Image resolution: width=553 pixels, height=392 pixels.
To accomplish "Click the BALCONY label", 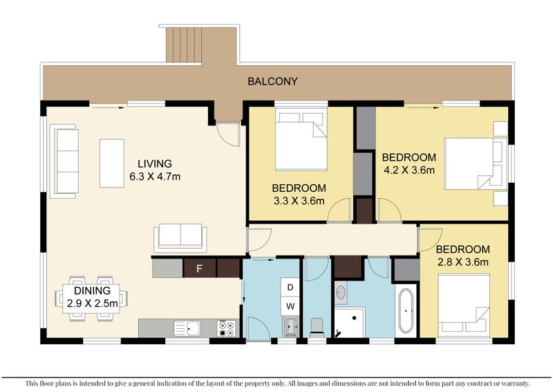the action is click(272, 81).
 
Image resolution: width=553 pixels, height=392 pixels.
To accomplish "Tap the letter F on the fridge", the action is click(199, 269).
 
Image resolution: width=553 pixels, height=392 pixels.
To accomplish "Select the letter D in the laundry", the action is click(290, 287).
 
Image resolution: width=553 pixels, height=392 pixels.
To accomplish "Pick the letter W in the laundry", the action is click(290, 306).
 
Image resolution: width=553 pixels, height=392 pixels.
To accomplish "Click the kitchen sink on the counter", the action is click(187, 328).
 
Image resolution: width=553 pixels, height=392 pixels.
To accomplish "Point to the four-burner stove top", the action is click(227, 328).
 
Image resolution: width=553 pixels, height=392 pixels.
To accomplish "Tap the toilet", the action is click(317, 328).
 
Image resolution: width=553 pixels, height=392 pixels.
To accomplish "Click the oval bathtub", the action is click(406, 311).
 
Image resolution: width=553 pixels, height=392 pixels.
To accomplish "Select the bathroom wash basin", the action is click(341, 292).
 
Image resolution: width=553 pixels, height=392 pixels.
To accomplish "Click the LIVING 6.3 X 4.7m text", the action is click(155, 170).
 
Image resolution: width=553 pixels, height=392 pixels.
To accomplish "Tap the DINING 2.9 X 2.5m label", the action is click(92, 297).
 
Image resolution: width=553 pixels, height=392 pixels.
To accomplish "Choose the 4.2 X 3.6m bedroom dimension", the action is click(409, 170).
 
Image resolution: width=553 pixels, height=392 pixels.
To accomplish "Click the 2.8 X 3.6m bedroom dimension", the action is click(462, 262).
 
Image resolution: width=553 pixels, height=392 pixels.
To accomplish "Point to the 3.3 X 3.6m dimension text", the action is click(299, 201).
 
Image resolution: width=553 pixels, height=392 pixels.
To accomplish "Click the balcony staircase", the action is click(184, 44).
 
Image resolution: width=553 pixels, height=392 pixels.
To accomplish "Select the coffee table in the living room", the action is click(112, 163).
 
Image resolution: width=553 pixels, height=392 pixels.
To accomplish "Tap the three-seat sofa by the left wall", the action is click(64, 161).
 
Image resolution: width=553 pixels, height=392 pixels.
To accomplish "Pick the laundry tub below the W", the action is click(290, 326).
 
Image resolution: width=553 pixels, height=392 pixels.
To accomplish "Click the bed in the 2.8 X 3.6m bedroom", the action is click(464, 305).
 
